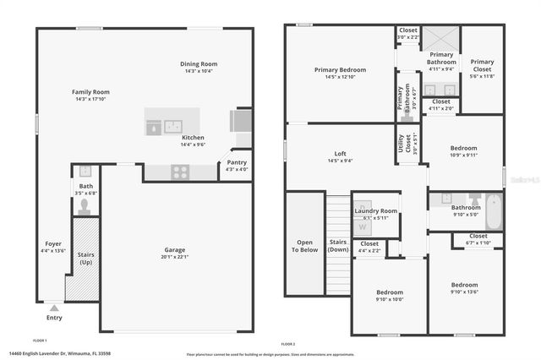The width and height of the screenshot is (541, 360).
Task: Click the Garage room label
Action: coord(176,249)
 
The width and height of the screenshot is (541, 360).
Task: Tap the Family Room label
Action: coord(90,91)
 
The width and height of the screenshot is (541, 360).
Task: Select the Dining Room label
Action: coord(199,64)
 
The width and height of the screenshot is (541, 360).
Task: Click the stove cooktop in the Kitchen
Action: coord(180,172)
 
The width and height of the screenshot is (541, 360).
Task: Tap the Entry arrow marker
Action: coord(55,308)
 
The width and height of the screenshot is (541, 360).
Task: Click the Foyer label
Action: coord(53,243)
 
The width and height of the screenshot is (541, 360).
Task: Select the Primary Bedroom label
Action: coord(338,70)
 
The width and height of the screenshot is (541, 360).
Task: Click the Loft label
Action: coord(340,154)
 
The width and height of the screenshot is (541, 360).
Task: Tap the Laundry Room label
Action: coord(376,210)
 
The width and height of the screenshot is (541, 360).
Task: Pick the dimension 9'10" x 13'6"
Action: coord(464,292)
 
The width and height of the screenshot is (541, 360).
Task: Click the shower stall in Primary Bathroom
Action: coord(441,39)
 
